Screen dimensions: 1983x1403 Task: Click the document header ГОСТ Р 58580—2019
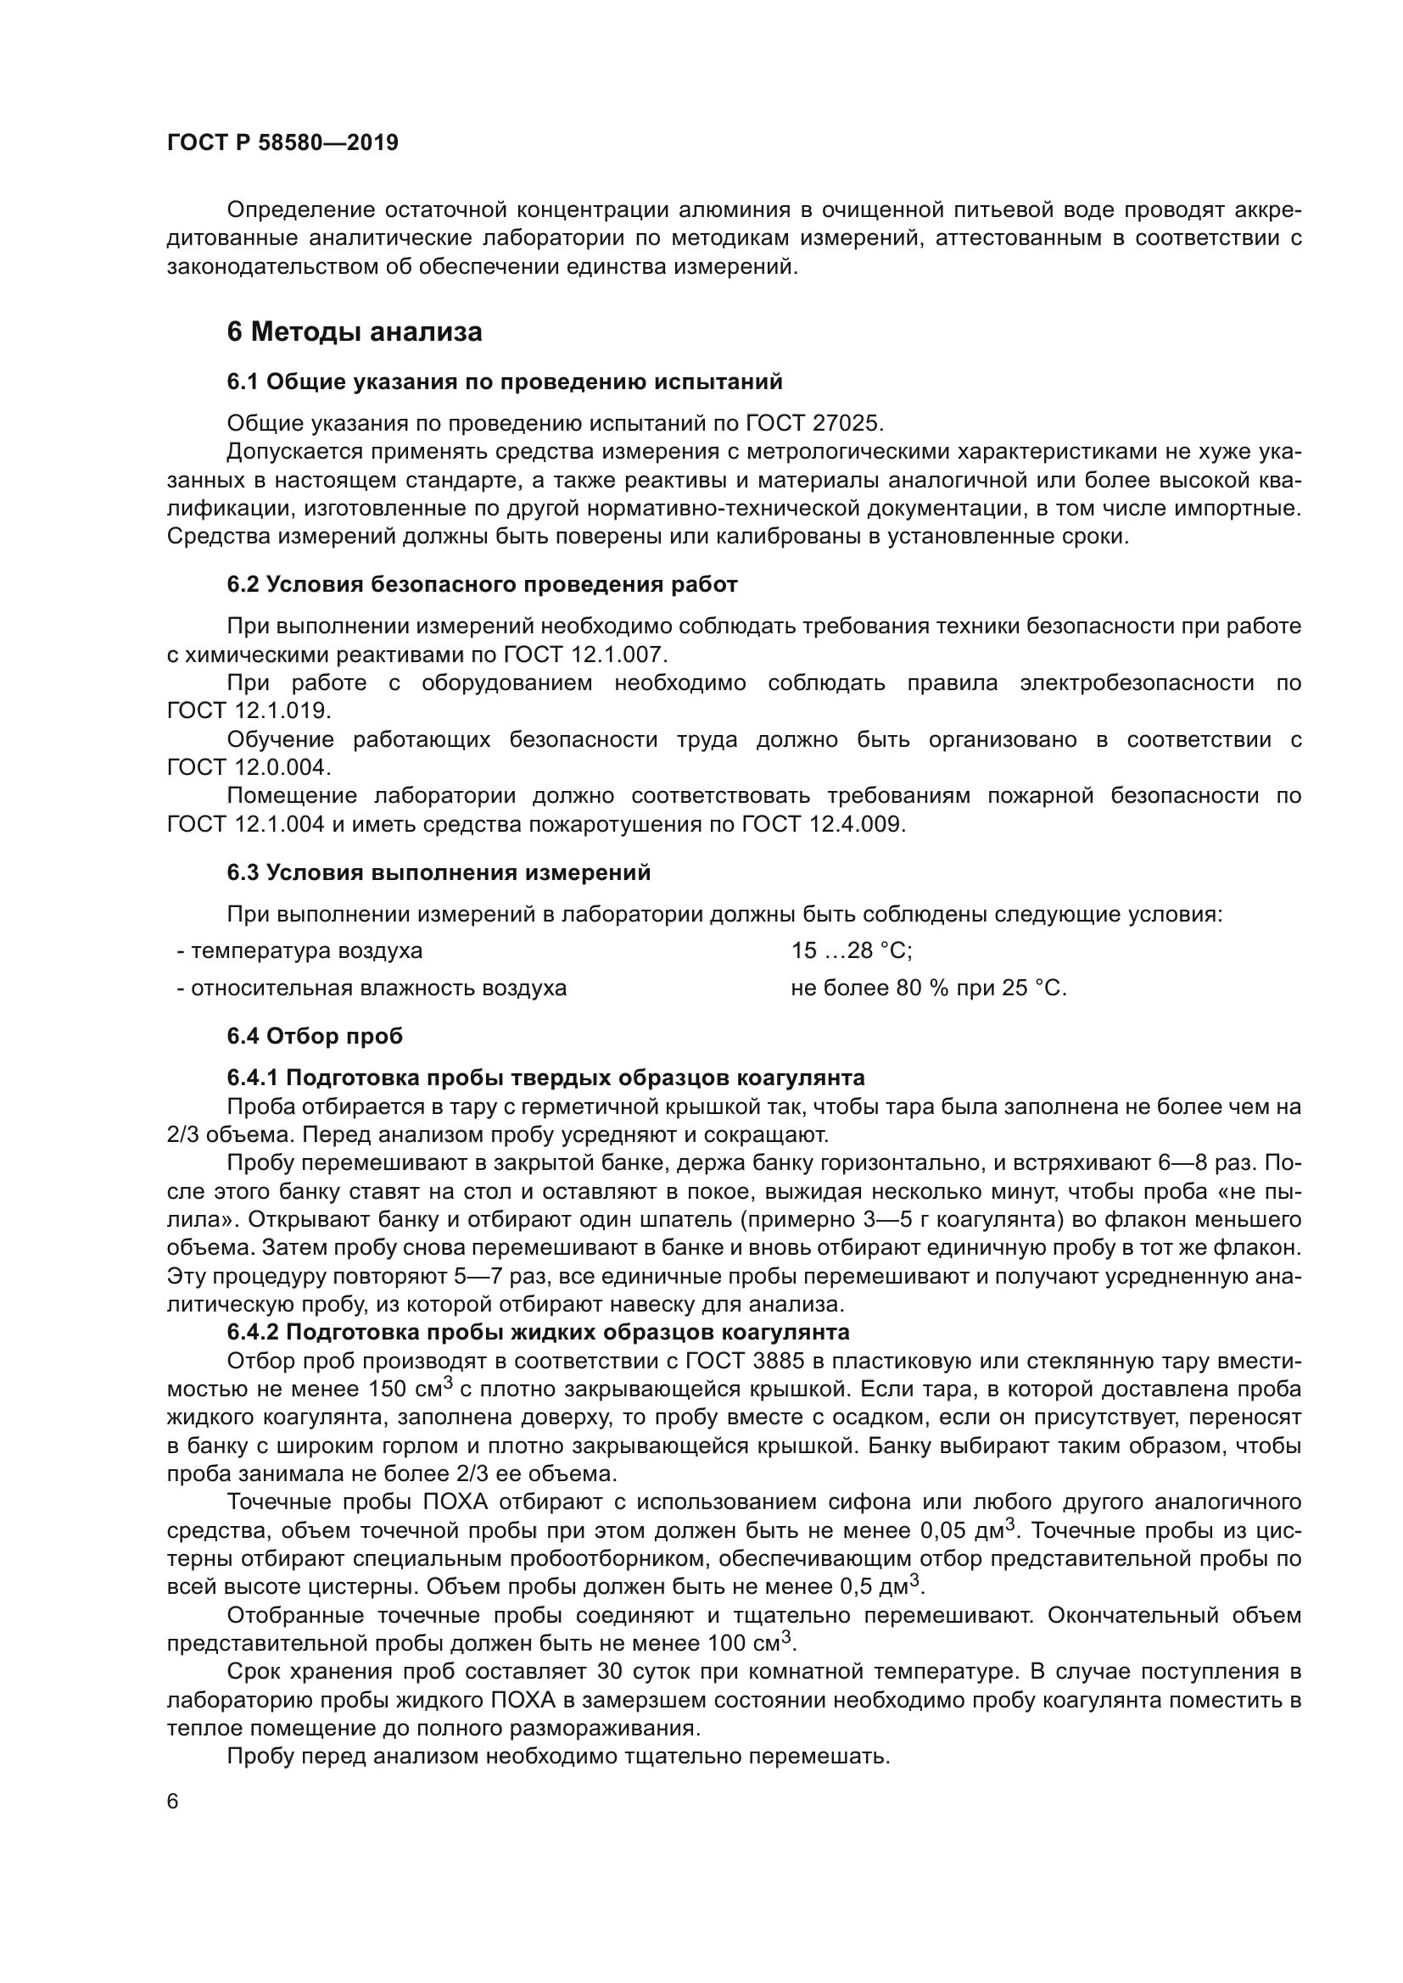(282, 142)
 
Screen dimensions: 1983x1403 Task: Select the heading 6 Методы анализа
(355, 331)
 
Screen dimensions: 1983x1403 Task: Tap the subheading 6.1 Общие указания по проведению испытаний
(505, 382)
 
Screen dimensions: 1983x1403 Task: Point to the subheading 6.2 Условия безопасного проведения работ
(482, 585)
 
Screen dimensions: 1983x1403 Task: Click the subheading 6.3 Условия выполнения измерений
(439, 873)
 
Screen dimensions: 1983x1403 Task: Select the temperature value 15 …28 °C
(852, 951)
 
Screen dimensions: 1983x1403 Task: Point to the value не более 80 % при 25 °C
(929, 988)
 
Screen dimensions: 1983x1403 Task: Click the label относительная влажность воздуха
(378, 988)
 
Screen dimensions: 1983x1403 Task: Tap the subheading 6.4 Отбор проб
(315, 1035)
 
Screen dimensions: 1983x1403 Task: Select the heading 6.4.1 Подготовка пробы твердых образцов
(545, 1078)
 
